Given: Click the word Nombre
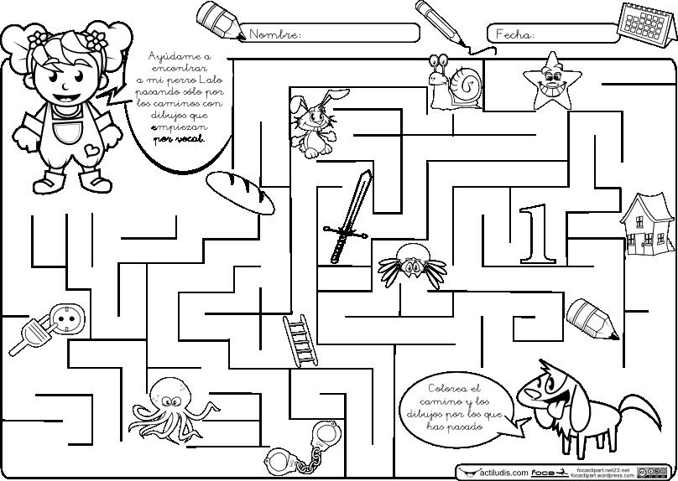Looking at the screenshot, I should pos(275,34).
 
